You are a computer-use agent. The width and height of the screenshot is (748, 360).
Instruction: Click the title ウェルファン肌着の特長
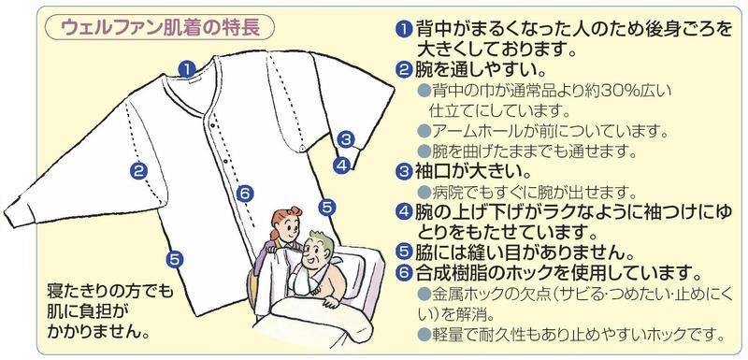click(160, 28)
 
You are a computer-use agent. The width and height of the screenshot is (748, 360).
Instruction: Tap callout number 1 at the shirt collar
click(188, 68)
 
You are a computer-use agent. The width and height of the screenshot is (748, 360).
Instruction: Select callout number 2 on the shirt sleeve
click(138, 171)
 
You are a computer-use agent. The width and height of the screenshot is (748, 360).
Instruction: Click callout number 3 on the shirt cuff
click(346, 139)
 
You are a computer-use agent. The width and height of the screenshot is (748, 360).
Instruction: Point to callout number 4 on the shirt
click(341, 165)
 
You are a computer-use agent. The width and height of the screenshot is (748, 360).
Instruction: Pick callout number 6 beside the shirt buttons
click(244, 194)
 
